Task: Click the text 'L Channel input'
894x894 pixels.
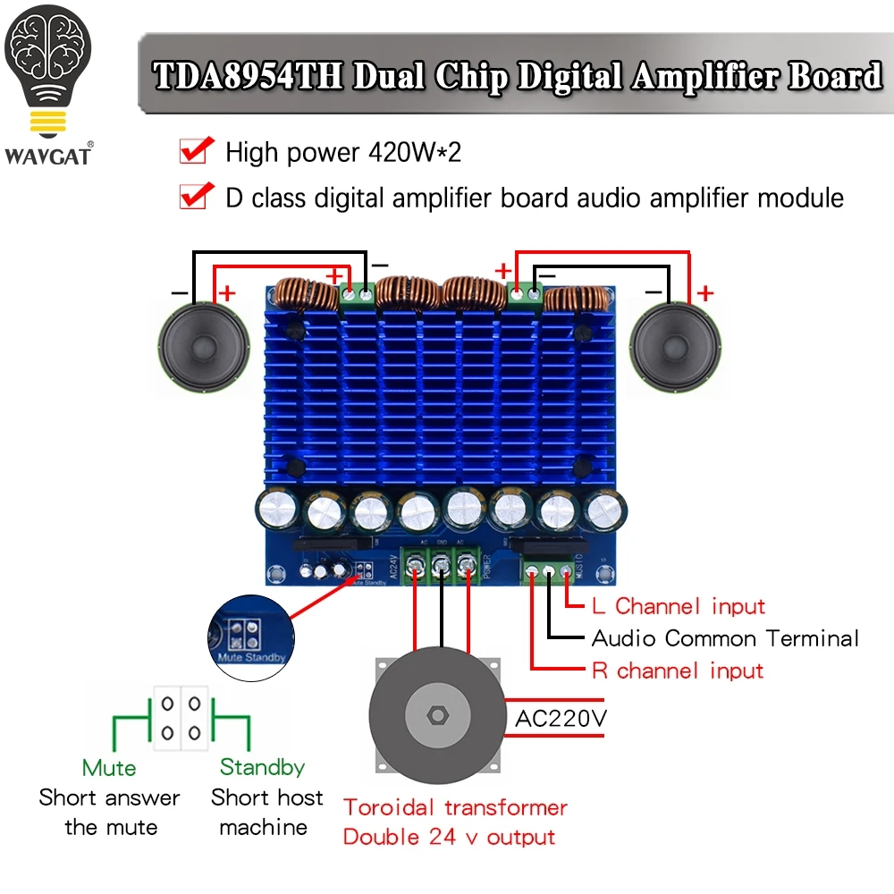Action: pyautogui.click(x=679, y=606)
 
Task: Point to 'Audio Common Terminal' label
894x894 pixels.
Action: pyautogui.click(x=725, y=638)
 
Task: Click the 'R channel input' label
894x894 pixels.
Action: pyautogui.click(x=678, y=670)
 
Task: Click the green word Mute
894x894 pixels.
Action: pyautogui.click(x=109, y=768)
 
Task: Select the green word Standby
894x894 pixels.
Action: pyautogui.click(x=262, y=767)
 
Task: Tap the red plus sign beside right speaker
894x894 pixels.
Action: pyautogui.click(x=705, y=293)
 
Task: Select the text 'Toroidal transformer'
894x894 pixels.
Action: pyautogui.click(x=455, y=807)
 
